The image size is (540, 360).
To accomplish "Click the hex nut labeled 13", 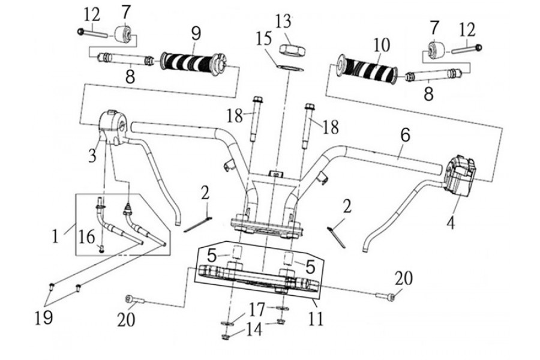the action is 292,50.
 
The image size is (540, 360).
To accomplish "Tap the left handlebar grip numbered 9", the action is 194,64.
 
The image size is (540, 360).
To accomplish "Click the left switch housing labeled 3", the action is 113,127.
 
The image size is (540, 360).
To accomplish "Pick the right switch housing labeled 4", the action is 460,175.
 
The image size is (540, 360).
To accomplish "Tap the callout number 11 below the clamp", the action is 316,319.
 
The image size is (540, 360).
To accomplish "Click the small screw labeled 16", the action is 101,250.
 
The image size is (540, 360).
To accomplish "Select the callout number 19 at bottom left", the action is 44,317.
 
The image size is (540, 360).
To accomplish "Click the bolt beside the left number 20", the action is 135,299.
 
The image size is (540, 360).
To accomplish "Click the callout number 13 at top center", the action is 283,22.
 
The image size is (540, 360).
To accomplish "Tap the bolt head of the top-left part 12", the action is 80,32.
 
